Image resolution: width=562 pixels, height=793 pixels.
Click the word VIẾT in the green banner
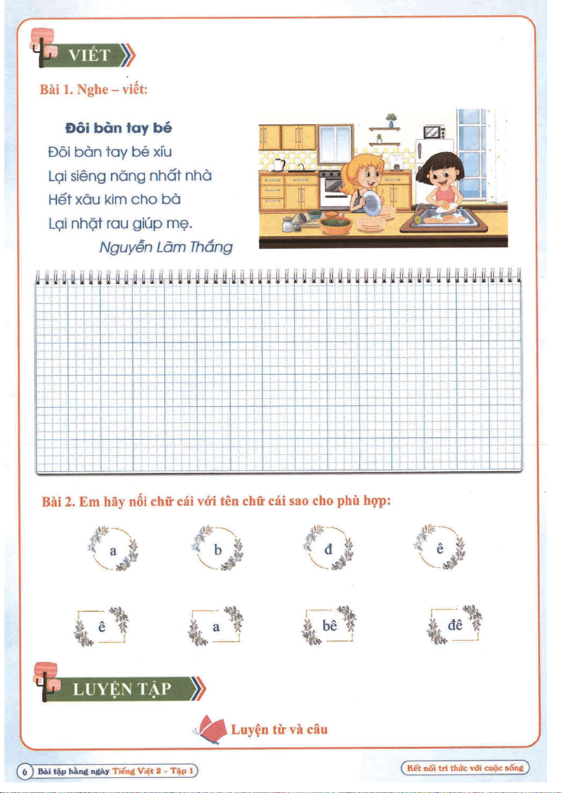[89, 55]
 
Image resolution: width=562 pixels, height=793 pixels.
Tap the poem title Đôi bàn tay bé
[118, 128]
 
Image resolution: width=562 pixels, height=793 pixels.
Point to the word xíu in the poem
[162, 152]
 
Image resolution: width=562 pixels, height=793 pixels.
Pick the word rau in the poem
[117, 223]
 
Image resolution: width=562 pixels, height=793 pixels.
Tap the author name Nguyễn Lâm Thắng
[165, 247]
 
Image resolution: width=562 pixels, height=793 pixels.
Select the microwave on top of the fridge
[434, 132]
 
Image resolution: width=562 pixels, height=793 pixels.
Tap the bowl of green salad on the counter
[335, 224]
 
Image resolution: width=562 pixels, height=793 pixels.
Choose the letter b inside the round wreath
[218, 550]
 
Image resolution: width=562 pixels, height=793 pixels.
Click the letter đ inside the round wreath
[328, 549]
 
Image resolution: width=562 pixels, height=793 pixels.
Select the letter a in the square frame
[216, 627]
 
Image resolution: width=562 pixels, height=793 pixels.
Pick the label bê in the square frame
[330, 626]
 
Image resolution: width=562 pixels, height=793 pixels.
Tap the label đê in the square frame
[455, 625]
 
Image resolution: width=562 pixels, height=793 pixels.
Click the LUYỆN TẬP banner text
[122, 689]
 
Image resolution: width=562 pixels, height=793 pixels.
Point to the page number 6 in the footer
[25, 771]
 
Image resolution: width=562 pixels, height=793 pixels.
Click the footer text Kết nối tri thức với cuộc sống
[465, 768]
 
